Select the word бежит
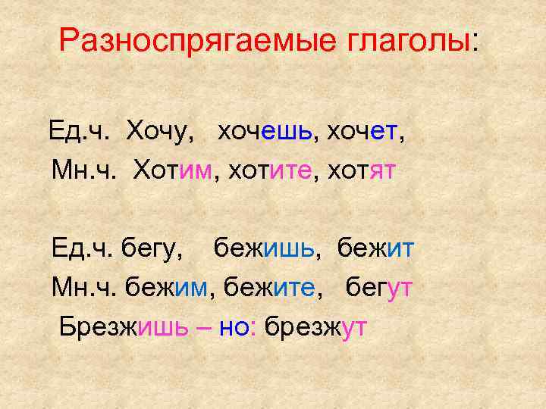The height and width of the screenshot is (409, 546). [x=375, y=249]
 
